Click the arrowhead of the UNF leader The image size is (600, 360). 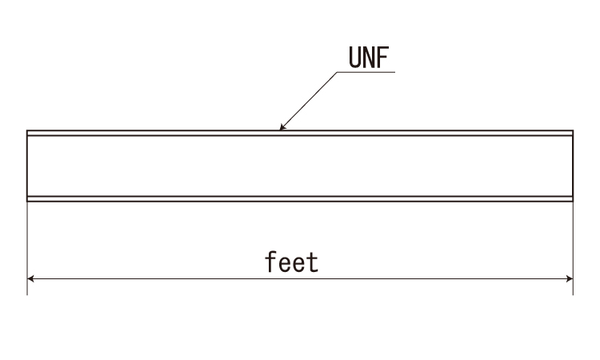(x=282, y=127)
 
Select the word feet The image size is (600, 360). (x=292, y=262)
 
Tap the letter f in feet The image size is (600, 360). (x=270, y=262)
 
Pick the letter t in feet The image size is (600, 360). (x=314, y=263)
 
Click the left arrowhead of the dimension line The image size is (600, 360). (x=30, y=278)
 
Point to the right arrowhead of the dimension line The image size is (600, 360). (x=570, y=278)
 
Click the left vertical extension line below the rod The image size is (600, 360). (x=27, y=248)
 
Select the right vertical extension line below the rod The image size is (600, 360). (x=573, y=248)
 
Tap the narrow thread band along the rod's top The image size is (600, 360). (x=300, y=133)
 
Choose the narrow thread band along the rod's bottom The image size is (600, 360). (x=300, y=198)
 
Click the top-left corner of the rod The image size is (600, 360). (x=27, y=130)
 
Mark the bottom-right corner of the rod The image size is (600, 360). (x=573, y=201)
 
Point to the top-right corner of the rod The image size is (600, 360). (x=573, y=130)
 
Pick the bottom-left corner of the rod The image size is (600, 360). (x=27, y=201)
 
